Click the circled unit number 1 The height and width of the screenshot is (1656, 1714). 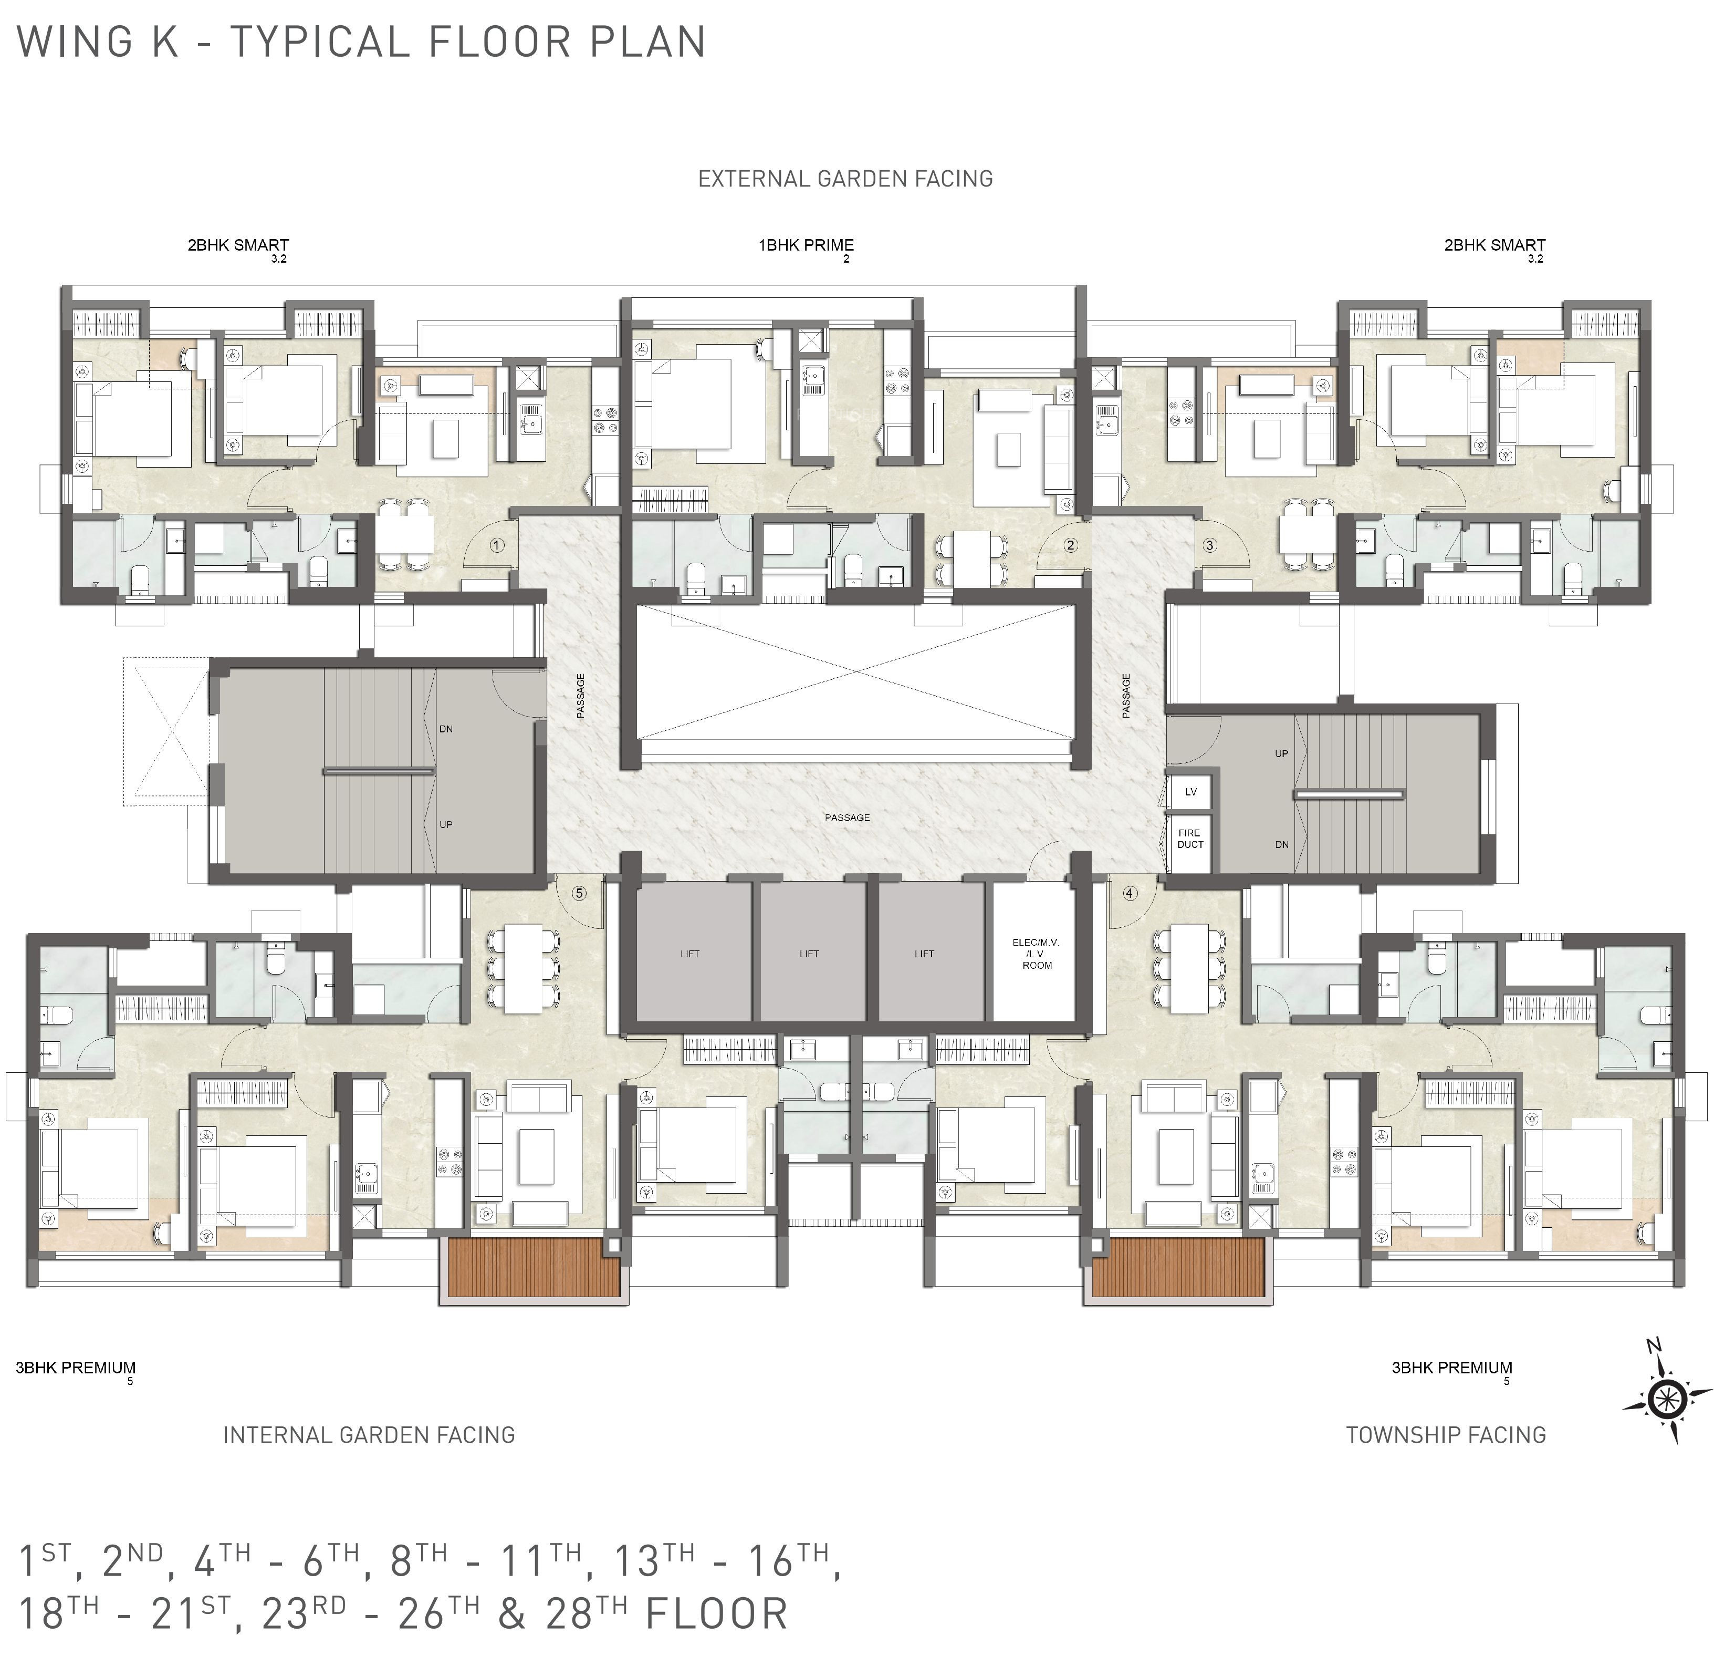coord(497,545)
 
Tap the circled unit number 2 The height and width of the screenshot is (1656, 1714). coord(1070,545)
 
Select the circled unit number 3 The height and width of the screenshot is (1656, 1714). coord(1209,545)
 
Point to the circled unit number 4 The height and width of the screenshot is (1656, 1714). coord(1130,893)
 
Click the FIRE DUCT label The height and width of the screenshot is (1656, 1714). coord(1189,838)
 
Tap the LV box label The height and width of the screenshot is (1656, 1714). coord(1190,792)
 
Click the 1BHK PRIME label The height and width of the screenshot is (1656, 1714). coord(806,245)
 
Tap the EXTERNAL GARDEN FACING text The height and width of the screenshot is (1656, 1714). coord(845,179)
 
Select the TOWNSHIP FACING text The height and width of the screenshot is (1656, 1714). coord(1446,1435)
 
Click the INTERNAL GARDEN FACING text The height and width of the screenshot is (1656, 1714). coord(369,1435)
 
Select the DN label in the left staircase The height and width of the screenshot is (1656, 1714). coord(446,729)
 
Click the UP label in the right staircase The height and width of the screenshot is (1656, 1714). coord(1281,753)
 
